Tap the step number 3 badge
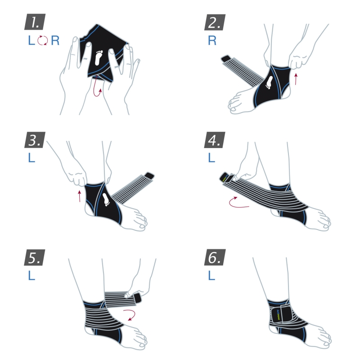tap(35, 140)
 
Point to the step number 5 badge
tap(35, 257)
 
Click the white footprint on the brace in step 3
tap(105, 198)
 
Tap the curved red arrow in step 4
tap(238, 202)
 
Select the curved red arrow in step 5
tap(131, 315)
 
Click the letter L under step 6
tap(211, 275)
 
